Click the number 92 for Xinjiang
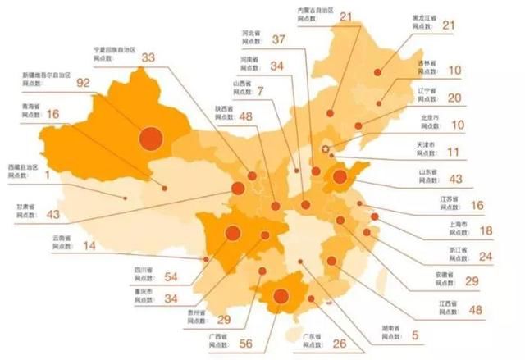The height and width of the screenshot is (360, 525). pos(84,82)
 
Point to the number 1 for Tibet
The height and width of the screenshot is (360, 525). pos(48,174)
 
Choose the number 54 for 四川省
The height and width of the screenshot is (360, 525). pos(171,277)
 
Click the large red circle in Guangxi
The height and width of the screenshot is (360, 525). pos(281,298)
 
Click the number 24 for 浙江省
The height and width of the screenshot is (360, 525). pos(486,257)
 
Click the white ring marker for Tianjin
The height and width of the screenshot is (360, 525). pos(326,149)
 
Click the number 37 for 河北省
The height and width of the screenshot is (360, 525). pos(277,39)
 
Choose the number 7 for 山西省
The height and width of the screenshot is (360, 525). pos(260,91)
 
